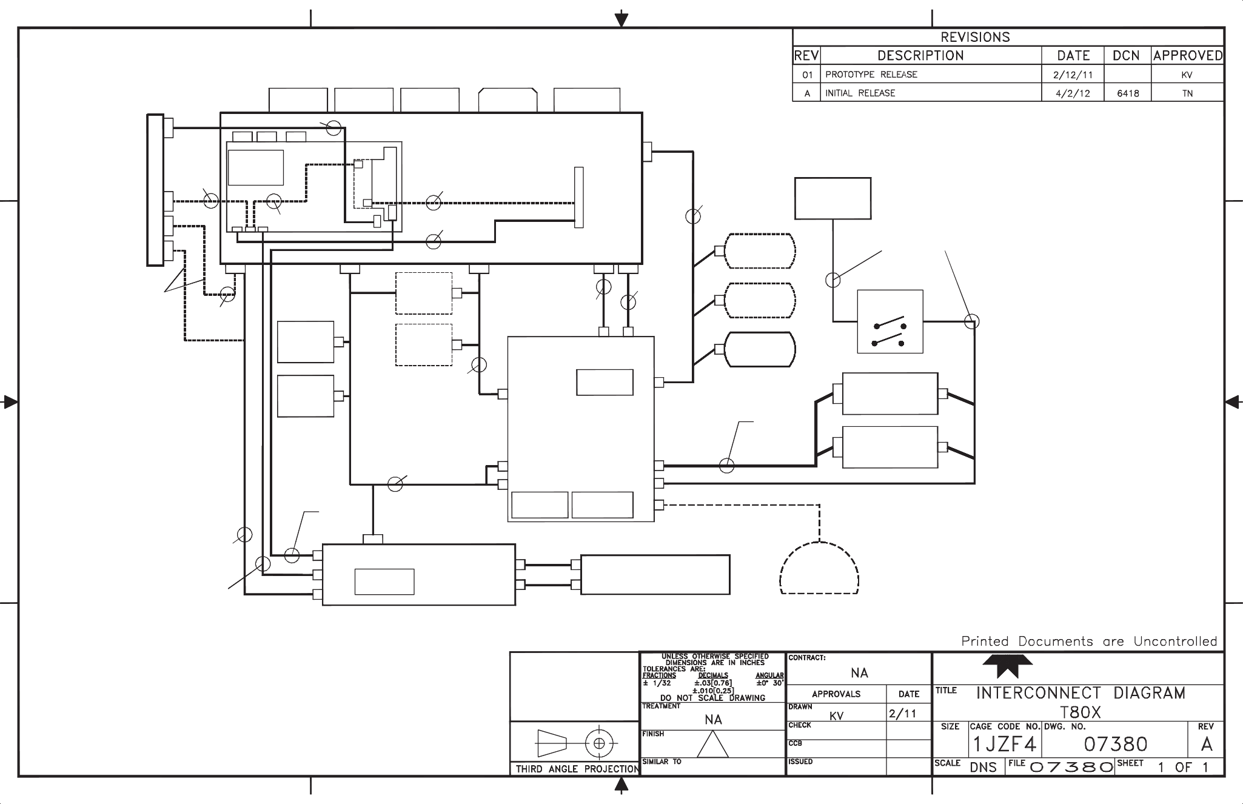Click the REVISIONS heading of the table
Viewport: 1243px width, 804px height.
(975, 37)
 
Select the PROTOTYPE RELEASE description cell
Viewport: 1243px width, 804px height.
(871, 75)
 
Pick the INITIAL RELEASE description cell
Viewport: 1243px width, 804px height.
(860, 93)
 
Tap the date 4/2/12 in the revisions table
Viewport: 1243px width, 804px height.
(1073, 93)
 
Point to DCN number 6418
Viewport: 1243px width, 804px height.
(1127, 93)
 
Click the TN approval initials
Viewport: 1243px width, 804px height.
(1187, 93)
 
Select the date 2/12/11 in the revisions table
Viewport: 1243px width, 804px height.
(1073, 75)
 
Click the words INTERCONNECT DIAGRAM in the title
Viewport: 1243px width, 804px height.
(1081, 693)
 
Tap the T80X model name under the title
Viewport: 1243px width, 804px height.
(1081, 712)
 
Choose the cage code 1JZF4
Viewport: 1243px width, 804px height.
(1005, 744)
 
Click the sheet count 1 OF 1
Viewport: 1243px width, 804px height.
(1183, 767)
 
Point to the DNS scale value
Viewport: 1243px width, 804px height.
(983, 768)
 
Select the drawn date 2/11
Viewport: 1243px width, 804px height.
(902, 714)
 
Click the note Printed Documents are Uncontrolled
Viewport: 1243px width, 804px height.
(1089, 642)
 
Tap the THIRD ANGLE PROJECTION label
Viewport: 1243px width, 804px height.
(577, 769)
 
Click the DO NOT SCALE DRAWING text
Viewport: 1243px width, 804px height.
(712, 698)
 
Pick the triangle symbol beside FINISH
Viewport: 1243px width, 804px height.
(712, 743)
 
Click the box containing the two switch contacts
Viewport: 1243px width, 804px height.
(890, 321)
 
